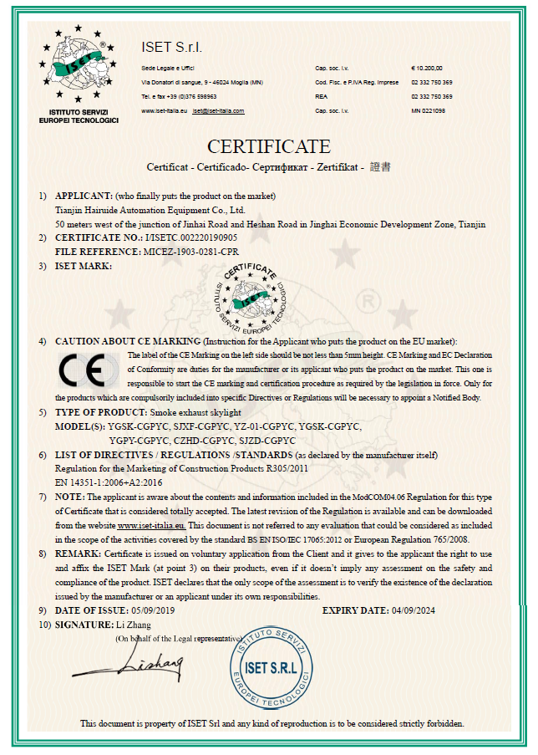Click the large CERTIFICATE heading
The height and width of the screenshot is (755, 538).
coord(268,146)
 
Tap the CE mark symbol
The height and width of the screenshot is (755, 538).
coord(81,369)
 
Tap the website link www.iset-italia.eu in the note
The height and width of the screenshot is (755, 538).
coord(152,525)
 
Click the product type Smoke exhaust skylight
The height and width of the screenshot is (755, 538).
coord(195,412)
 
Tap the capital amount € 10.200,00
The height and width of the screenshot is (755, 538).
coord(427,68)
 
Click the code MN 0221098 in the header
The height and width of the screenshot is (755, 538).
coord(428,110)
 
